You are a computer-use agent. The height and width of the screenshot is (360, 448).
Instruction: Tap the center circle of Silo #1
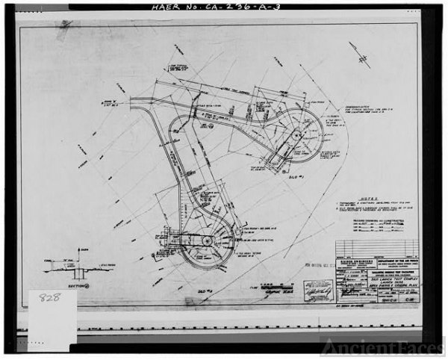pos(296,135)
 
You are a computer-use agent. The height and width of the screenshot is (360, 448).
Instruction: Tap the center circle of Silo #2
pos(207,241)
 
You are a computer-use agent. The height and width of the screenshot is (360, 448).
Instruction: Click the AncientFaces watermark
pos(382,347)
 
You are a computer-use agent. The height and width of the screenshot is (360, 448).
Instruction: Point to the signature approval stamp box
pos(317,290)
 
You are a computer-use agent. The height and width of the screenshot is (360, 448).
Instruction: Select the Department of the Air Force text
pos(396,261)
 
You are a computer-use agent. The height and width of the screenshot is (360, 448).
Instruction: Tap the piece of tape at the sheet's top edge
pos(65,25)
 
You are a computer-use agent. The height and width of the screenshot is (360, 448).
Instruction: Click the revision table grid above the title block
pos(376,248)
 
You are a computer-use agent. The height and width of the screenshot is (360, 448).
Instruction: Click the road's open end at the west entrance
pos(133,103)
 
